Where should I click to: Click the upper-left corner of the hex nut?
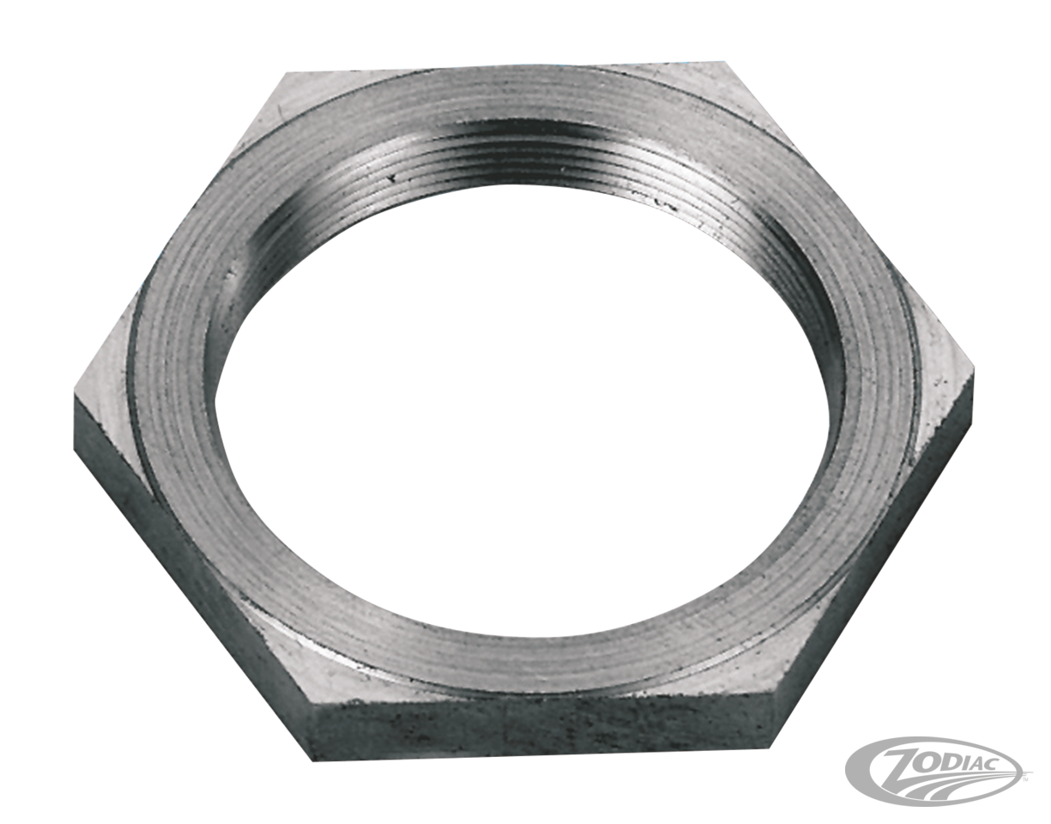286,74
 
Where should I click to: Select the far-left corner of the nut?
75,390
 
